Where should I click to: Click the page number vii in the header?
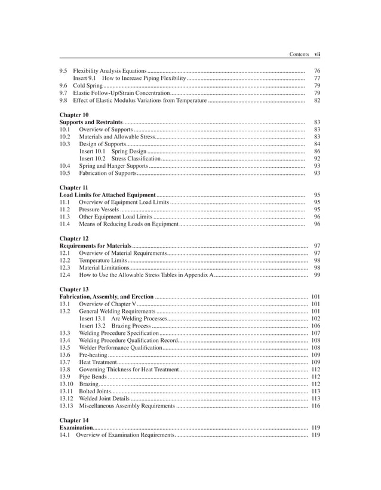pyautogui.click(x=317, y=54)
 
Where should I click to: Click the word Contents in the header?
pyautogui.click(x=299, y=54)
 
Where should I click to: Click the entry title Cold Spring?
pyautogui.click(x=88, y=86)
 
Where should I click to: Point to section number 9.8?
pyautogui.click(x=63, y=101)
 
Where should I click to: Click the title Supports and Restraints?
pyautogui.click(x=91, y=122)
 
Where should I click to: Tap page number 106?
pyautogui.click(x=315, y=326)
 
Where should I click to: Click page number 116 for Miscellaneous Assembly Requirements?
pyautogui.click(x=315, y=406)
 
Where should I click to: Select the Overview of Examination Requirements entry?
pyautogui.click(x=124, y=435)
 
